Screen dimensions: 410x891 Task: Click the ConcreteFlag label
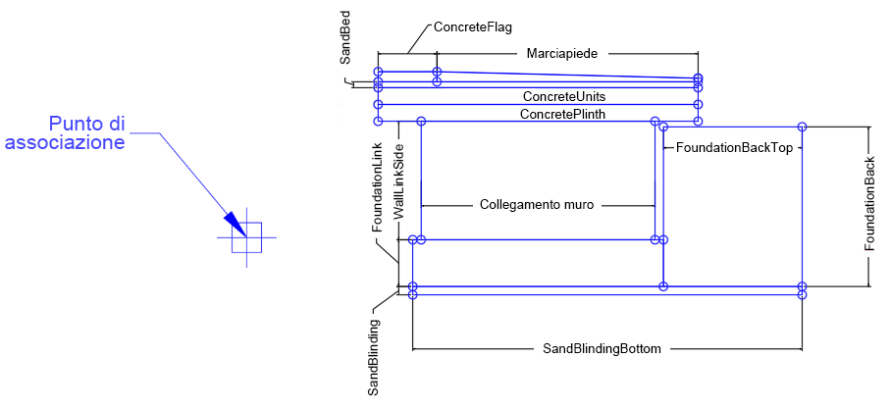click(473, 28)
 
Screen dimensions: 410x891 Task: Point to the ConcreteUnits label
click(563, 97)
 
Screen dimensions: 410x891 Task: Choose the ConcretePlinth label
click(562, 115)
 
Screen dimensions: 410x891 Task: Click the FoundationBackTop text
click(734, 147)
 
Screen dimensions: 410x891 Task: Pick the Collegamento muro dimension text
click(538, 206)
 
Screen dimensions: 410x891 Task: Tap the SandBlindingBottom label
click(602, 348)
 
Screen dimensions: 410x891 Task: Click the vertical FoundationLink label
click(376, 186)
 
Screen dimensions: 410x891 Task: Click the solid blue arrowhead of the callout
click(233, 224)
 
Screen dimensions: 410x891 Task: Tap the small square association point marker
click(246, 238)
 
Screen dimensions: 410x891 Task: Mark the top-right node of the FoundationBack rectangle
click(803, 127)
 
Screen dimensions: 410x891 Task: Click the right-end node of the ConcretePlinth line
click(698, 121)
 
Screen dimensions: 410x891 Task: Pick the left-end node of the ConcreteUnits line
click(378, 103)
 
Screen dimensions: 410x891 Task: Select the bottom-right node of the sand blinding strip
click(803, 294)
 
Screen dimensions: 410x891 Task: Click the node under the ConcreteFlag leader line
click(437, 72)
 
